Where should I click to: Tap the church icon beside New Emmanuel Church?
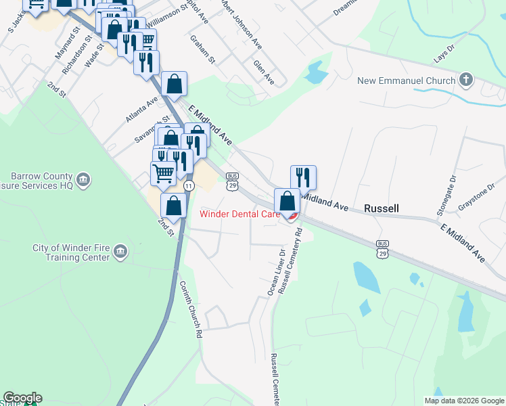point(465,81)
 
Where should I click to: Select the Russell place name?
point(382,208)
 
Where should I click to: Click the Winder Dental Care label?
point(240,215)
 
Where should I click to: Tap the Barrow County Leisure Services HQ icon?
point(83,179)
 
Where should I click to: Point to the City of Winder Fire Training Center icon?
point(120,252)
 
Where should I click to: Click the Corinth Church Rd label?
point(191,311)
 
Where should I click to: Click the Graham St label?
point(202,49)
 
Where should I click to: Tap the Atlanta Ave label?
point(141,109)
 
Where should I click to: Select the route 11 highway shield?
point(189,185)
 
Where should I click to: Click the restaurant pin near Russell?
point(304,177)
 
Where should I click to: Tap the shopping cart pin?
point(163,173)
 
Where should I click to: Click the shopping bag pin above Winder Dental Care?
point(287,200)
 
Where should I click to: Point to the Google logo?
point(22,398)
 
